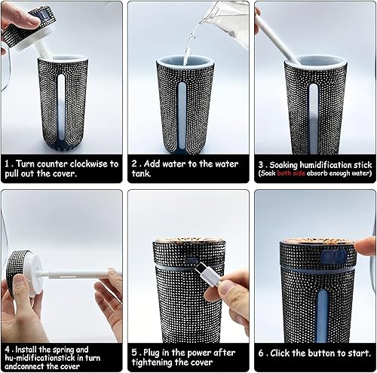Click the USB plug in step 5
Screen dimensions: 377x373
point(207,275)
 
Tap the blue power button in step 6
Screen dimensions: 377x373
point(333,256)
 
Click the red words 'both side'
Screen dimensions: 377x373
point(291,173)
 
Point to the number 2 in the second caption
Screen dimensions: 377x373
point(135,164)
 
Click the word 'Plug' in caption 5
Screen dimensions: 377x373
point(152,353)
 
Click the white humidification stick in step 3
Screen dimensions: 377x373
point(277,35)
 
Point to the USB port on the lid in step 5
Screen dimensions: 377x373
point(191,260)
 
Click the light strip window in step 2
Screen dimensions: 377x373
point(182,116)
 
